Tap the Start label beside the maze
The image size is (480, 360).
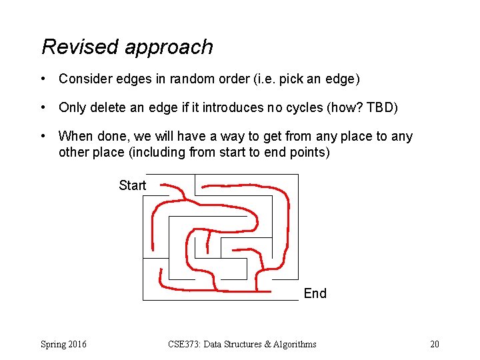point(132,185)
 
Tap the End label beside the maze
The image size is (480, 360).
point(315,293)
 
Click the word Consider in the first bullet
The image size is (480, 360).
point(83,79)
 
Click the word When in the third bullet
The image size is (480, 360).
point(75,136)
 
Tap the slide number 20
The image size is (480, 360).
point(435,344)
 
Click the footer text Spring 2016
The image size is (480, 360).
point(63,344)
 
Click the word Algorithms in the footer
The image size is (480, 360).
point(291,344)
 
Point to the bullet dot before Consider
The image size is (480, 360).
point(43,79)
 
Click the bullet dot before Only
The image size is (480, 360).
point(43,108)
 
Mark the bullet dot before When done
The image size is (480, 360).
point(43,137)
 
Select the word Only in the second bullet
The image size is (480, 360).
point(71,107)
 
